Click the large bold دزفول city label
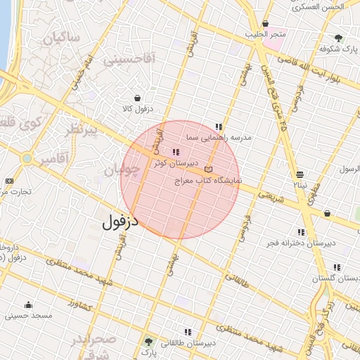(x=121, y=222)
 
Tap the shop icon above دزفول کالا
(x=136, y=98)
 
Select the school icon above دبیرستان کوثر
(x=176, y=152)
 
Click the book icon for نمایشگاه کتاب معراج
(x=208, y=169)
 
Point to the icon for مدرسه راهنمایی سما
(x=219, y=127)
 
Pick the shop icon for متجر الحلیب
(x=265, y=23)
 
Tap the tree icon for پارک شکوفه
(x=339, y=38)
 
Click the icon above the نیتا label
(x=300, y=174)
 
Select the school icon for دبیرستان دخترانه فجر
(x=302, y=232)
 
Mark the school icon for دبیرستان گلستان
(x=337, y=267)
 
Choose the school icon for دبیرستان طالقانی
(x=187, y=332)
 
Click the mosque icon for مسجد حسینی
(x=28, y=304)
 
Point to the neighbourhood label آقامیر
(x=53, y=159)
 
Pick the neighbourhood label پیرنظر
(x=83, y=131)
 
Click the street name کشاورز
(x=82, y=305)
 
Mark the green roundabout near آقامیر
(x=27, y=158)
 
